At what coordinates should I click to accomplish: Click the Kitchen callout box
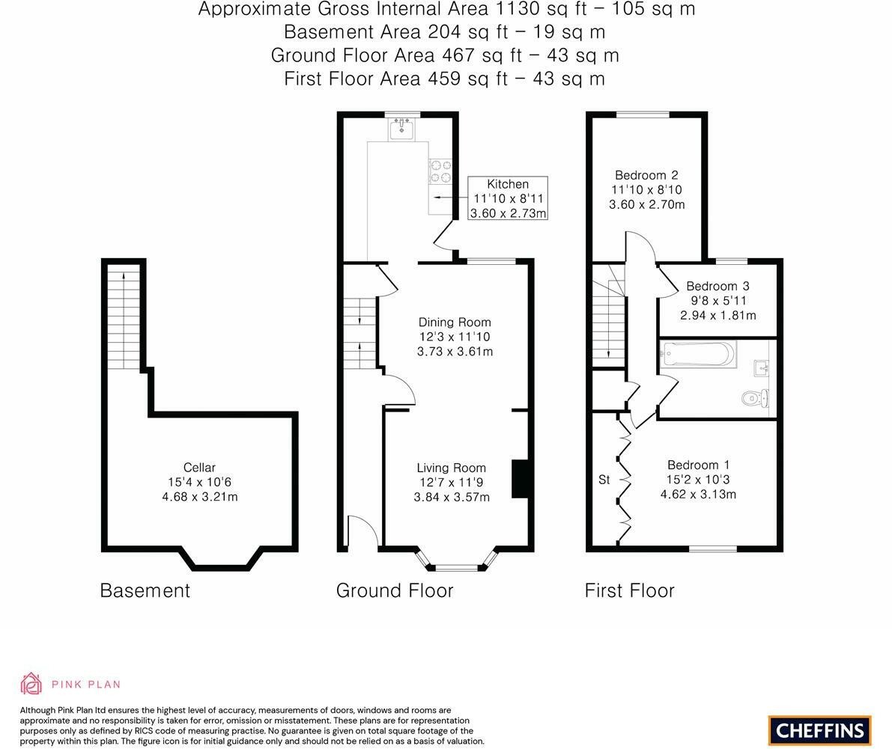point(508,198)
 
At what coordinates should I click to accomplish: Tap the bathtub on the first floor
point(698,354)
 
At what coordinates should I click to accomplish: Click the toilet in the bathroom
point(756,398)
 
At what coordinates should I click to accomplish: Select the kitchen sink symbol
point(402,129)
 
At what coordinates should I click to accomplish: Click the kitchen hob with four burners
point(440,171)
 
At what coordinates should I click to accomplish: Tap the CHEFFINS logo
point(820,730)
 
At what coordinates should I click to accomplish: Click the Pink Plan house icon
point(31,684)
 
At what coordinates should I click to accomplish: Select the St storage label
point(604,480)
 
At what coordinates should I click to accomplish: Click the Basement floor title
point(145,590)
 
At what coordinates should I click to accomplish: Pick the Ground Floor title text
point(395,590)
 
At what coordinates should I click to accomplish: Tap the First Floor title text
point(630,590)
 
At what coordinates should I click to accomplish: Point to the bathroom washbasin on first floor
point(762,368)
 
